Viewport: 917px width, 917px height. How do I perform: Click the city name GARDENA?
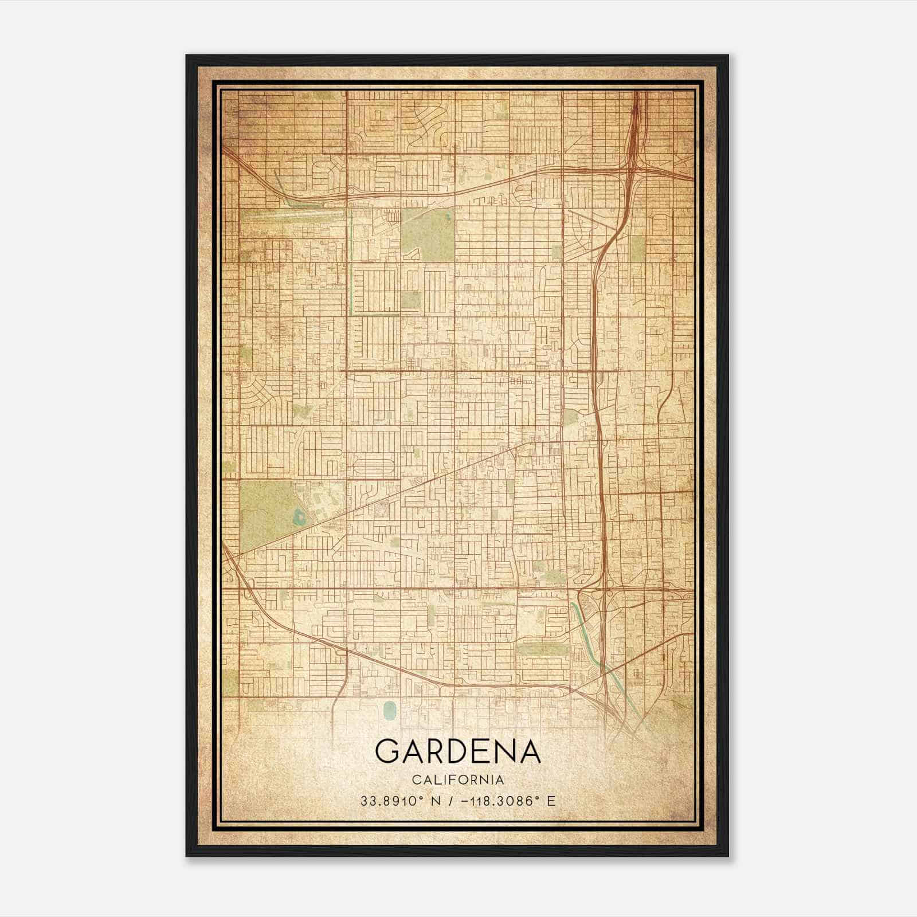click(458, 751)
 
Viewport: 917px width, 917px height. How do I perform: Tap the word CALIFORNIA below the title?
click(458, 780)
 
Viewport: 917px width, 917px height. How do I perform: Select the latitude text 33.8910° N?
click(399, 801)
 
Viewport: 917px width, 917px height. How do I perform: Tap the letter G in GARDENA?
click(389, 751)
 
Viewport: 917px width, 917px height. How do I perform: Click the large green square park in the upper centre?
click(426, 233)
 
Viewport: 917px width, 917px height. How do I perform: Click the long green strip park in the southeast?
click(542, 649)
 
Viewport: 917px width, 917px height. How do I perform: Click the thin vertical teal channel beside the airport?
click(350, 258)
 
